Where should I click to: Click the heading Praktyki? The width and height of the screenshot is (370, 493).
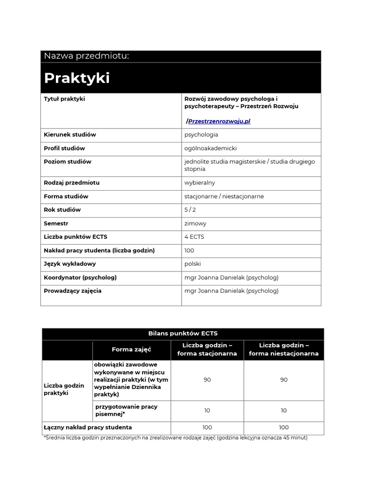pyautogui.click(x=77, y=78)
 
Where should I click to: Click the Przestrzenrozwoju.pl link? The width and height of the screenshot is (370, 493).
pyautogui.click(x=219, y=121)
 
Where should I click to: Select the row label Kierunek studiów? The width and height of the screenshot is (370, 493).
pyautogui.click(x=70, y=135)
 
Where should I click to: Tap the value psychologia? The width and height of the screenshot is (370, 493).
pyautogui.click(x=201, y=135)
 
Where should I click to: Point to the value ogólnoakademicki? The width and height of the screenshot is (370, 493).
pyautogui.click(x=211, y=148)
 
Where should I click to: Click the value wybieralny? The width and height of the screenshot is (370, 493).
pyautogui.click(x=199, y=183)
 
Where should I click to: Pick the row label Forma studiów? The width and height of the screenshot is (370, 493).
pyautogui.click(x=66, y=196)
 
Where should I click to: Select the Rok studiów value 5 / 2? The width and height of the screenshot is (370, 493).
pyautogui.click(x=190, y=210)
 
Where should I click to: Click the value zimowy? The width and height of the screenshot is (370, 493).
pyautogui.click(x=195, y=223)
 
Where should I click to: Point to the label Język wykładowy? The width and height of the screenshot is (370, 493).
pyautogui.click(x=70, y=264)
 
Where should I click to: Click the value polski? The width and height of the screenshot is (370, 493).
pyautogui.click(x=193, y=264)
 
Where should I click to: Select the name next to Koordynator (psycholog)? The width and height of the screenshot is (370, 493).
pyautogui.click(x=231, y=277)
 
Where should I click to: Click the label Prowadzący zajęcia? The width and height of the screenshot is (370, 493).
pyautogui.click(x=73, y=291)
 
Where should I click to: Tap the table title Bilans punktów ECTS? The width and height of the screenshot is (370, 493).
pyautogui.click(x=183, y=333)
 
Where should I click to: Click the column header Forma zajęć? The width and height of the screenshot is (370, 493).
pyautogui.click(x=132, y=350)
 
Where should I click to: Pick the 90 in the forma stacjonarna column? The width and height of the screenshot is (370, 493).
pyautogui.click(x=207, y=380)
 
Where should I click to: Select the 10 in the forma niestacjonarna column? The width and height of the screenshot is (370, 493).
pyautogui.click(x=284, y=411)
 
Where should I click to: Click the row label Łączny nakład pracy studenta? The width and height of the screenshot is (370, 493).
pyautogui.click(x=88, y=428)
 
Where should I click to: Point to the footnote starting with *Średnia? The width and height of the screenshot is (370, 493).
pyautogui.click(x=175, y=438)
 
